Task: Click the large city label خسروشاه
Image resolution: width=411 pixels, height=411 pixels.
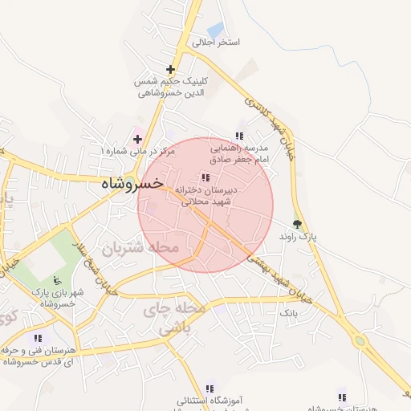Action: pos(132,183)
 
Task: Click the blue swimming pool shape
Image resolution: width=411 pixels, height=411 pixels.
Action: pos(214,30)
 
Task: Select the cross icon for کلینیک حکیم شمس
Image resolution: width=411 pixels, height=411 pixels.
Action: pos(170,69)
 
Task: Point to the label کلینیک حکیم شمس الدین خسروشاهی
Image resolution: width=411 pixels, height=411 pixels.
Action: pos(172,87)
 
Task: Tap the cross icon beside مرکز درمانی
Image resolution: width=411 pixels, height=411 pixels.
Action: pos(137,139)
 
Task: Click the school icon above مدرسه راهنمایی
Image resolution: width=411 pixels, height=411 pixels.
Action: pos(238,136)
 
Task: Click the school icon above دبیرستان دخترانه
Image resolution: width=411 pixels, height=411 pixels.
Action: pos(205,177)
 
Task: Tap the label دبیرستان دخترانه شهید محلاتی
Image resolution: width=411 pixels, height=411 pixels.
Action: pos(206,197)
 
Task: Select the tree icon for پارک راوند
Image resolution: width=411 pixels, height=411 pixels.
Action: pos(298,225)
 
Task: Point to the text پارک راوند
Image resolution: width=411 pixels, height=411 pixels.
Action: pos(298,238)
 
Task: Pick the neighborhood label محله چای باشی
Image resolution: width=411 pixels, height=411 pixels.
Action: pos(175,319)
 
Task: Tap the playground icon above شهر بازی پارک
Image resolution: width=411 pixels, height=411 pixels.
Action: pos(56,280)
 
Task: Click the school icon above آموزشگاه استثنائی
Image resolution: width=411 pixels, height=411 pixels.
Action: pos(210,388)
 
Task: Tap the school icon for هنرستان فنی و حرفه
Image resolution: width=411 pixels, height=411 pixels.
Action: pos(38,338)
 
